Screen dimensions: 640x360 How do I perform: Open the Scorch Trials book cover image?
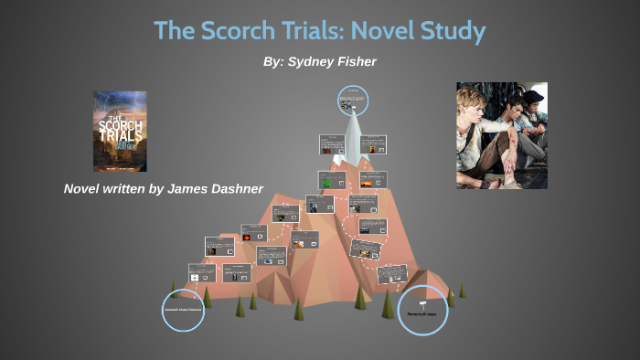click(119, 131)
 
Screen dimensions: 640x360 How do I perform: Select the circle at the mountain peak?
click(352, 101)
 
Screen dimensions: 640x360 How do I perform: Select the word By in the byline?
click(272, 61)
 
